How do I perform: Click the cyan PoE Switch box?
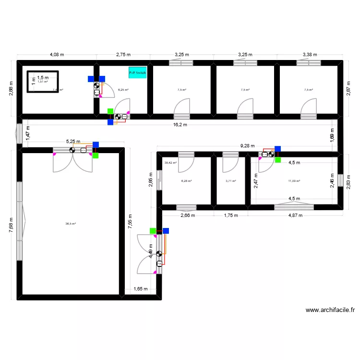coord(137,73)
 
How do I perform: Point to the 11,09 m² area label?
coord(294,181)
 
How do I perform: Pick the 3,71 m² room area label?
coord(231,181)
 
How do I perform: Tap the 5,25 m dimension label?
coord(73,142)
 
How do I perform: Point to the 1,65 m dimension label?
coord(141,289)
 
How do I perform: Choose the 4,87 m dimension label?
coord(295,216)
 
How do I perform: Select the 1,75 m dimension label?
coord(231,216)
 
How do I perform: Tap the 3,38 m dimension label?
coord(310,55)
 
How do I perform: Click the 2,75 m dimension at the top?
coord(123,55)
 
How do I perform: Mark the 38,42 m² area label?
coord(170,163)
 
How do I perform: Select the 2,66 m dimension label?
coord(188,216)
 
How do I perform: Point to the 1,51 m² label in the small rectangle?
coord(43,82)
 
